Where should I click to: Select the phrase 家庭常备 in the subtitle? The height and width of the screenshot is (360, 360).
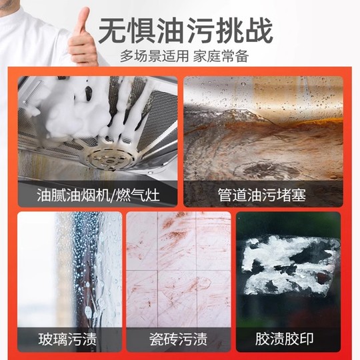click(x=223, y=56)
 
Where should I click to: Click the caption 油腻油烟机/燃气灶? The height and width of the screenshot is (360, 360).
click(x=98, y=195)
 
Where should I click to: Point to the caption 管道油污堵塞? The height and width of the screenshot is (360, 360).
click(x=263, y=195)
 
